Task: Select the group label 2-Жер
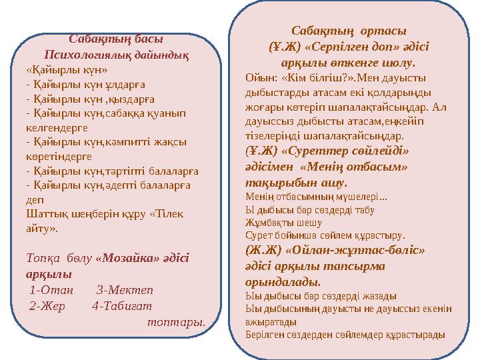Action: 49,306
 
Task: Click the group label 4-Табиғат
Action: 123,306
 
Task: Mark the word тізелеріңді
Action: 273,133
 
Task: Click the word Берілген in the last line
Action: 265,334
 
